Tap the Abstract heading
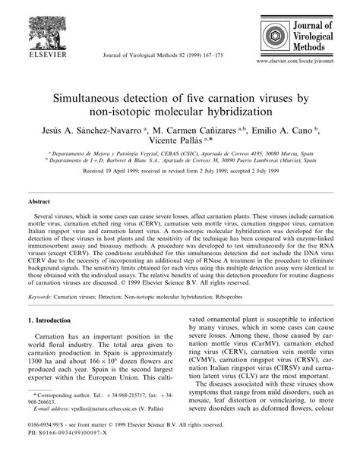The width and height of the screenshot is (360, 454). (x=39, y=203)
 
